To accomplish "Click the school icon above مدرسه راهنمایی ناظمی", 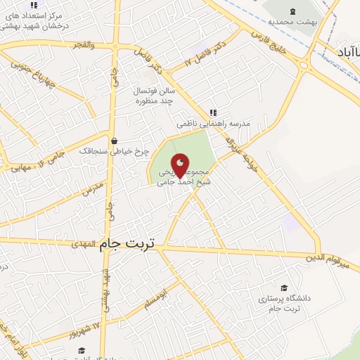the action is (213, 112).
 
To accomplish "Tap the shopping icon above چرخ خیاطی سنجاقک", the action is (114, 141).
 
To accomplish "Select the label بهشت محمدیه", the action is (294, 22).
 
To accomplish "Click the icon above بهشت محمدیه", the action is (293, 11).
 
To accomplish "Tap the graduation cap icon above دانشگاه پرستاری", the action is (284, 288).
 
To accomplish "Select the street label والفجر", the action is (82, 44).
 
